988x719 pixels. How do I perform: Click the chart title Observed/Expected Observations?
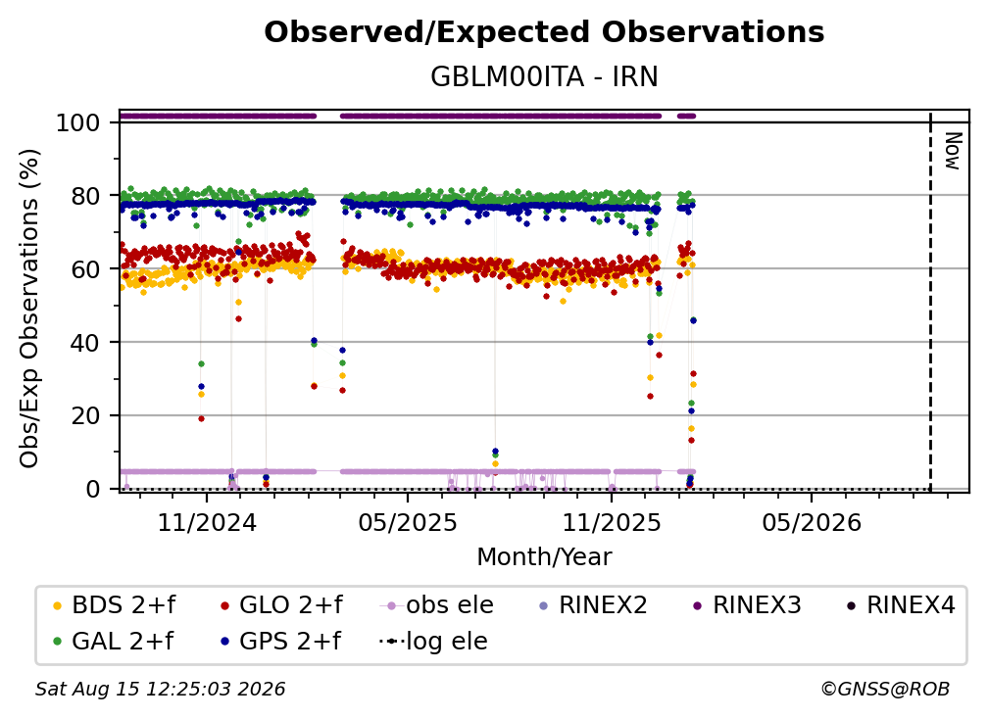click(544, 32)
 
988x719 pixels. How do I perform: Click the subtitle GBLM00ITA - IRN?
click(544, 77)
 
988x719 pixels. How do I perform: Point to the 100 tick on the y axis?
click(78, 122)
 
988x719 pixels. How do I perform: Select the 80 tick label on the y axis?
click(85, 197)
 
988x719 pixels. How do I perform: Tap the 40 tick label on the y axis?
click(85, 343)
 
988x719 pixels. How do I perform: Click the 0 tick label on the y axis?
click(93, 489)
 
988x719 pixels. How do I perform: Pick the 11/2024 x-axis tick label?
click(207, 523)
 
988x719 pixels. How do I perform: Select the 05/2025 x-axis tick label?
click(408, 523)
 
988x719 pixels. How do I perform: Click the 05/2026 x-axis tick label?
click(812, 523)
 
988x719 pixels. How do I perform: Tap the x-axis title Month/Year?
click(544, 557)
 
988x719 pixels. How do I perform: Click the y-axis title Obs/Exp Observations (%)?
click(29, 309)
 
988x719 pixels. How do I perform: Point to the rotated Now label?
click(952, 151)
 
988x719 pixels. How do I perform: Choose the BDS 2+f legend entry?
click(114, 605)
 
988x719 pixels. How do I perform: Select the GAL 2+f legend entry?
click(114, 642)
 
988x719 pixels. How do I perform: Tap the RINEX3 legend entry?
click(747, 605)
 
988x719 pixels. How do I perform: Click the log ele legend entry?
click(433, 642)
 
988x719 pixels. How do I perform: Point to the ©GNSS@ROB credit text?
click(885, 690)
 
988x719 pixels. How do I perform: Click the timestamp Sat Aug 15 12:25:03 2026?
click(160, 690)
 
